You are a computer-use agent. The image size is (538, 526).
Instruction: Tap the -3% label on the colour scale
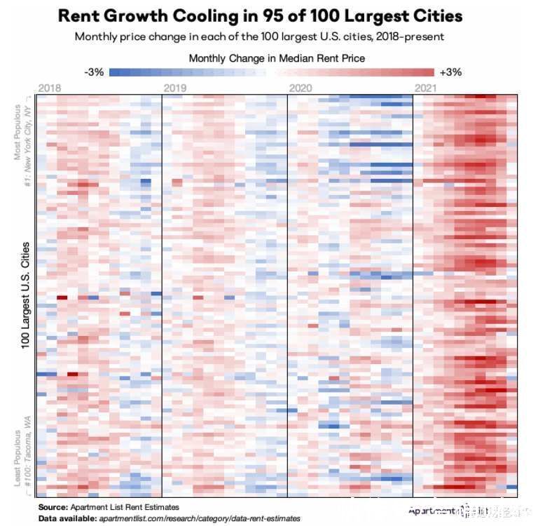(93, 72)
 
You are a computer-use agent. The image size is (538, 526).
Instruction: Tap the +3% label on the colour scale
(450, 72)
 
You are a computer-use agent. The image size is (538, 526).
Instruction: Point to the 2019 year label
(174, 88)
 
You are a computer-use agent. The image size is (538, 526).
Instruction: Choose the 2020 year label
(300, 88)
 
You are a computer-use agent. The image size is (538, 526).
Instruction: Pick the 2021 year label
(426, 88)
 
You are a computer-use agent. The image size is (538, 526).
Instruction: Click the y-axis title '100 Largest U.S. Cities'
(25, 295)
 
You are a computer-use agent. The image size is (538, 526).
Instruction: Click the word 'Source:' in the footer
(52, 507)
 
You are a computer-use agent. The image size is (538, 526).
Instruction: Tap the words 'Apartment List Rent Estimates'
(124, 507)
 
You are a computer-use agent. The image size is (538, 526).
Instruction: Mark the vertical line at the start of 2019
(162, 295)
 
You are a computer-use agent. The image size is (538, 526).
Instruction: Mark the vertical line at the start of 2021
(413, 295)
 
